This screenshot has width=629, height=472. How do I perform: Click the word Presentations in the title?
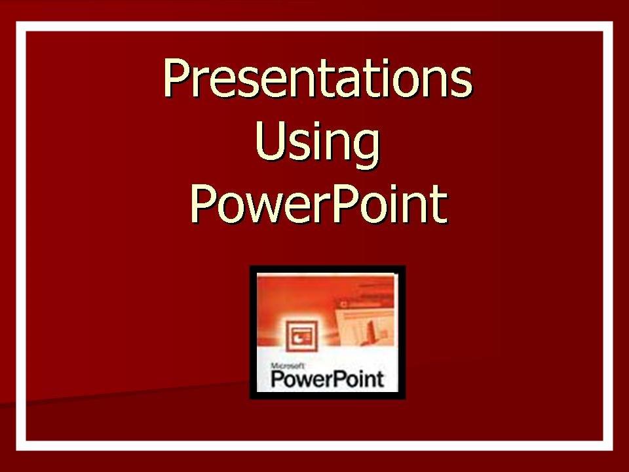[x=317, y=78]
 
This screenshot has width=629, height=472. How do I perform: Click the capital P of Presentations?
[x=177, y=78]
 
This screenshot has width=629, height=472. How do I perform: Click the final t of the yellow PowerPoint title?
[x=439, y=205]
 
